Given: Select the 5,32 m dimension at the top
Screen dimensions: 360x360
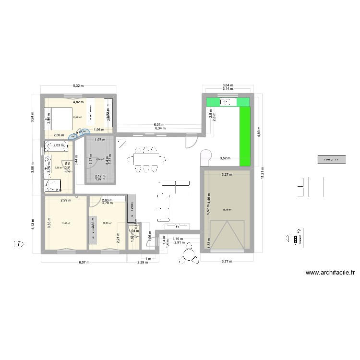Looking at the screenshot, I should [x=78, y=86].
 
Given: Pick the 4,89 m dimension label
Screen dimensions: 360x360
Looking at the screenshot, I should [x=259, y=135].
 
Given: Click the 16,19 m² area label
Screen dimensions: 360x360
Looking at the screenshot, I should [x=226, y=209].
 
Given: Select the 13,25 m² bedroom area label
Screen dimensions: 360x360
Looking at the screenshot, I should [x=77, y=117].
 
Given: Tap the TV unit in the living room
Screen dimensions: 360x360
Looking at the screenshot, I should [x=176, y=227].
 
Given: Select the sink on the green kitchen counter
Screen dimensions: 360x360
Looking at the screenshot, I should [x=226, y=102].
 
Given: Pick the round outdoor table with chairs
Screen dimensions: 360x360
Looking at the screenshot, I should [x=189, y=259].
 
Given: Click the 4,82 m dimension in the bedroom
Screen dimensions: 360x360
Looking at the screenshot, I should [x=78, y=102].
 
